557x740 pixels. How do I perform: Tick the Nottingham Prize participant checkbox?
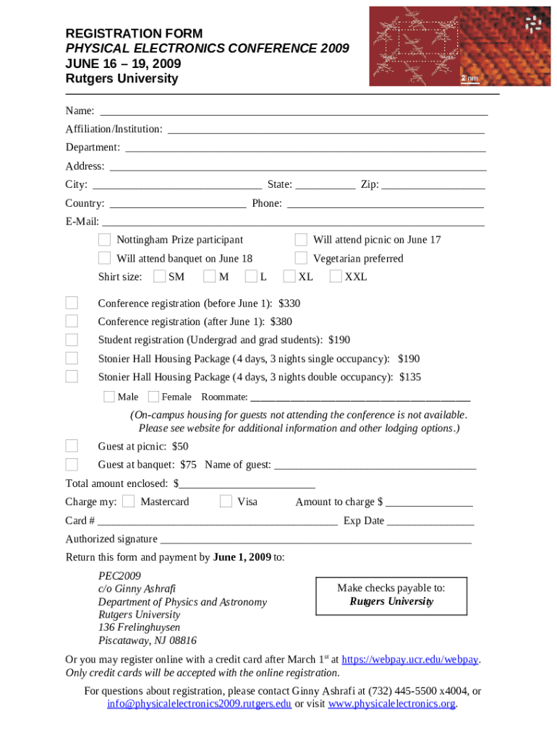pos(104,239)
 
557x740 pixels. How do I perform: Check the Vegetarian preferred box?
pos(301,258)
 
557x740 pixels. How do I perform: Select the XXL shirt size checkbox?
pos(336,276)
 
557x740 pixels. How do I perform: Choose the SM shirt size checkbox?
pos(160,276)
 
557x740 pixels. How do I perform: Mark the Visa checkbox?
pos(226,502)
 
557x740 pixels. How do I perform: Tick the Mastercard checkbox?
pos(128,502)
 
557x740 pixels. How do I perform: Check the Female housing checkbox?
pos(153,396)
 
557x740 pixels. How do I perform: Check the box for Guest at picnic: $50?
pos(72,445)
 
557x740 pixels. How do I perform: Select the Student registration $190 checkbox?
pos(72,340)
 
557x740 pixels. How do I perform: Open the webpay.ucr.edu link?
pos(409,660)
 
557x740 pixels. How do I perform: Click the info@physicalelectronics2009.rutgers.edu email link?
pos(199,704)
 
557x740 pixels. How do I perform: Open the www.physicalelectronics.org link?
pos(391,704)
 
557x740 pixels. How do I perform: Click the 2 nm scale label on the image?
pos(470,78)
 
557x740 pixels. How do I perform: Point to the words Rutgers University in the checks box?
pos(391,601)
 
